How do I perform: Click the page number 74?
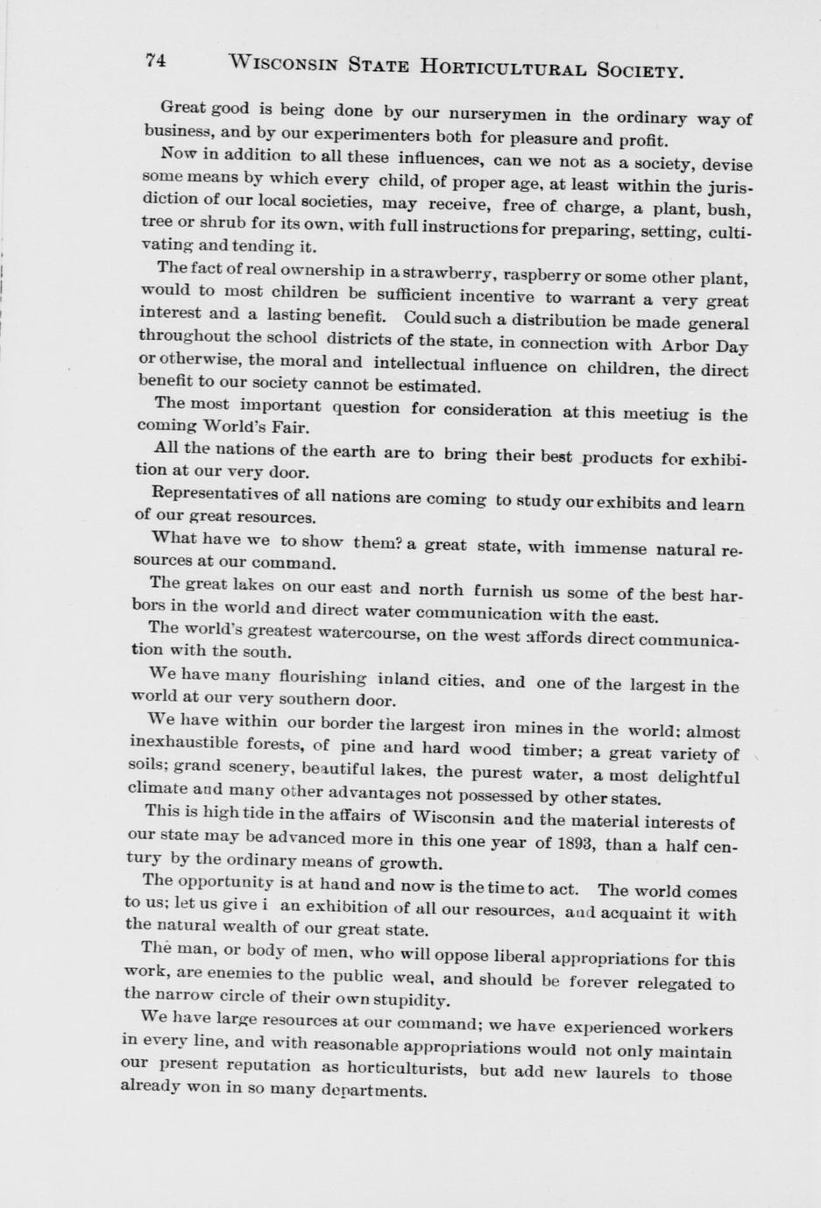coord(156,60)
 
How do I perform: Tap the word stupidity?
coord(409,999)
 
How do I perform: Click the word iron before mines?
coord(489,727)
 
